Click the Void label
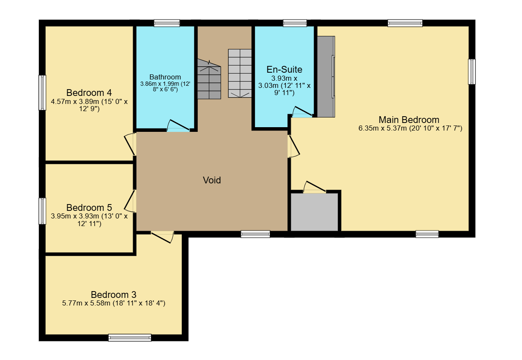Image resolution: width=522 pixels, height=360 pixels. [x=212, y=180]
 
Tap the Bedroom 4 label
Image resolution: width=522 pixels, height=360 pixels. [x=89, y=93]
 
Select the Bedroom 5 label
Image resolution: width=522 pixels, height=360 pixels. [x=89, y=207]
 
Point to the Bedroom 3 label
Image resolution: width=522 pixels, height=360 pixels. [x=114, y=295]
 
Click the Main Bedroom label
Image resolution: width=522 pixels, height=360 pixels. [x=409, y=120]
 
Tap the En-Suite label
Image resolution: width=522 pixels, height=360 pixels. [x=284, y=69]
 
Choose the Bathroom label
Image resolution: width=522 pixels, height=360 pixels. [x=165, y=77]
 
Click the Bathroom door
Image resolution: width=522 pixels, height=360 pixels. [x=178, y=125]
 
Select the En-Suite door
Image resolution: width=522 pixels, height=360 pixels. [x=302, y=112]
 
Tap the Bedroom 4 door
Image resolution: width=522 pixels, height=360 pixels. [x=130, y=145]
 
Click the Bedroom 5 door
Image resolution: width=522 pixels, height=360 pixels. [x=130, y=201]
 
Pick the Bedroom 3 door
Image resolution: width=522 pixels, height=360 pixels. [x=162, y=237]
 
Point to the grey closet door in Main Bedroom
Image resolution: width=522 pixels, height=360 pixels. [x=314, y=187]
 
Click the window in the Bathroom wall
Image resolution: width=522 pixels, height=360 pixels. [x=167, y=23]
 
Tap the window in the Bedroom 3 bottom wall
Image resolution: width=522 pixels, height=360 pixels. [x=130, y=338]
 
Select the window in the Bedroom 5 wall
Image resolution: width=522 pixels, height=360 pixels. [x=42, y=211]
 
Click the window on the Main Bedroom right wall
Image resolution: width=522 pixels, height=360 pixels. [x=472, y=71]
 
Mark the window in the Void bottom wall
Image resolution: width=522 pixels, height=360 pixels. [x=255, y=234]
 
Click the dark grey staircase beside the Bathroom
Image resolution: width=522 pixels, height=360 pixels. [x=209, y=79]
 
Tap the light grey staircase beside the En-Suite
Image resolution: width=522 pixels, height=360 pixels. [x=240, y=74]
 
